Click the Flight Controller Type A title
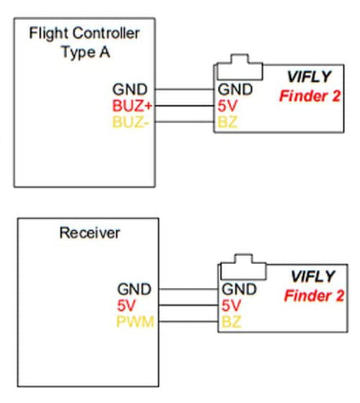tap(84, 42)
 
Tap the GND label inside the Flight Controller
tap(130, 89)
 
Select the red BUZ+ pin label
tap(132, 106)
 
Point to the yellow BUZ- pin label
tap(130, 122)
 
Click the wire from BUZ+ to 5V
tap(184, 106)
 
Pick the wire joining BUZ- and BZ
tap(184, 122)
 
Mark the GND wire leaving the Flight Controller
tap(184, 89)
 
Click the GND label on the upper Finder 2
tap(235, 89)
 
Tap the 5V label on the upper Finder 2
tap(227, 106)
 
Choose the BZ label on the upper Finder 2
tap(228, 122)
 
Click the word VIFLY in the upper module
tap(309, 76)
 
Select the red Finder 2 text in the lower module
tap(314, 296)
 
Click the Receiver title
tap(89, 233)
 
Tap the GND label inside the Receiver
tap(134, 289)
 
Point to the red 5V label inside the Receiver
tap(126, 305)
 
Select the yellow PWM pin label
tap(135, 322)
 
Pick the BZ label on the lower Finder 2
tap(231, 322)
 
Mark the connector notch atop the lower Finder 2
tap(243, 267)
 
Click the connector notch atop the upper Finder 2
tap(240, 68)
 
